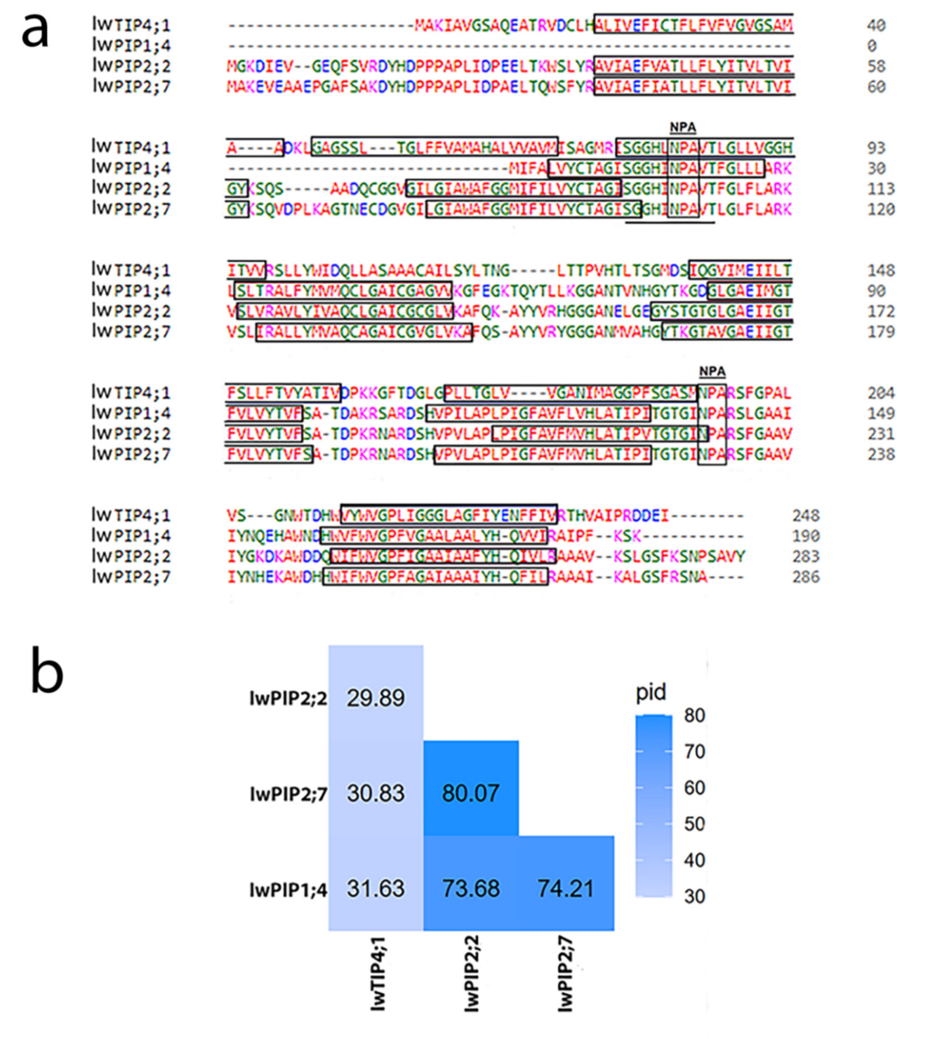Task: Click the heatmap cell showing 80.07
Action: coord(470,793)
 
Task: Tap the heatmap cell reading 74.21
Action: coord(566,888)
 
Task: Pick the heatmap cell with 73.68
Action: coord(470,888)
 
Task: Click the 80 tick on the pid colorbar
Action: coord(695,715)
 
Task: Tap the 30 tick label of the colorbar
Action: coord(695,896)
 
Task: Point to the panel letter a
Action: coord(35,30)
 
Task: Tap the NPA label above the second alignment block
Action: coord(683,127)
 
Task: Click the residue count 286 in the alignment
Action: coord(805,576)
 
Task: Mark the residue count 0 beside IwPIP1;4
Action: coord(871,46)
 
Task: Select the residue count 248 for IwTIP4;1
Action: coord(805,515)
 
